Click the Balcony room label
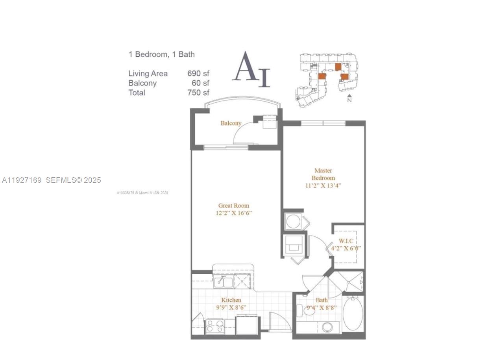click(x=231, y=123)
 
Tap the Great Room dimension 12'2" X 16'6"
click(x=234, y=213)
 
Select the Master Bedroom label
click(x=323, y=174)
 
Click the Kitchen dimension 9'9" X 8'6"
click(x=231, y=307)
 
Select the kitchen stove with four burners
click(x=215, y=326)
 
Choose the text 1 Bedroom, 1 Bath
click(x=161, y=54)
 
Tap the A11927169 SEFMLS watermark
click(x=51, y=180)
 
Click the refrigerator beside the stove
click(x=247, y=325)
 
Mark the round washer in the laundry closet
click(x=293, y=221)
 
